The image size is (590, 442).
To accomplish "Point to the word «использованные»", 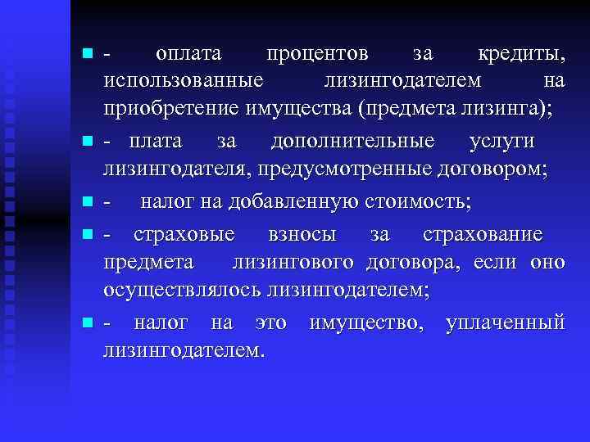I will click(x=183, y=80).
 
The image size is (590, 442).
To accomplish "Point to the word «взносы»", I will click(x=302, y=234).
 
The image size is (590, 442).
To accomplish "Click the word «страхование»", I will click(x=483, y=234).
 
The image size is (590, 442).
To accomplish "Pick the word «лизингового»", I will click(x=293, y=262).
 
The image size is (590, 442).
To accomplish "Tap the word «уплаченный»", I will click(x=506, y=322).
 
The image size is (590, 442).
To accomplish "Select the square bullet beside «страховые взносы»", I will click(x=87, y=235).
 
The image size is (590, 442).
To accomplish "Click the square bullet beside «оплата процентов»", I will click(x=87, y=54).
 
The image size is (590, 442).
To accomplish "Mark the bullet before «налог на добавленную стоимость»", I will click(x=87, y=201).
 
